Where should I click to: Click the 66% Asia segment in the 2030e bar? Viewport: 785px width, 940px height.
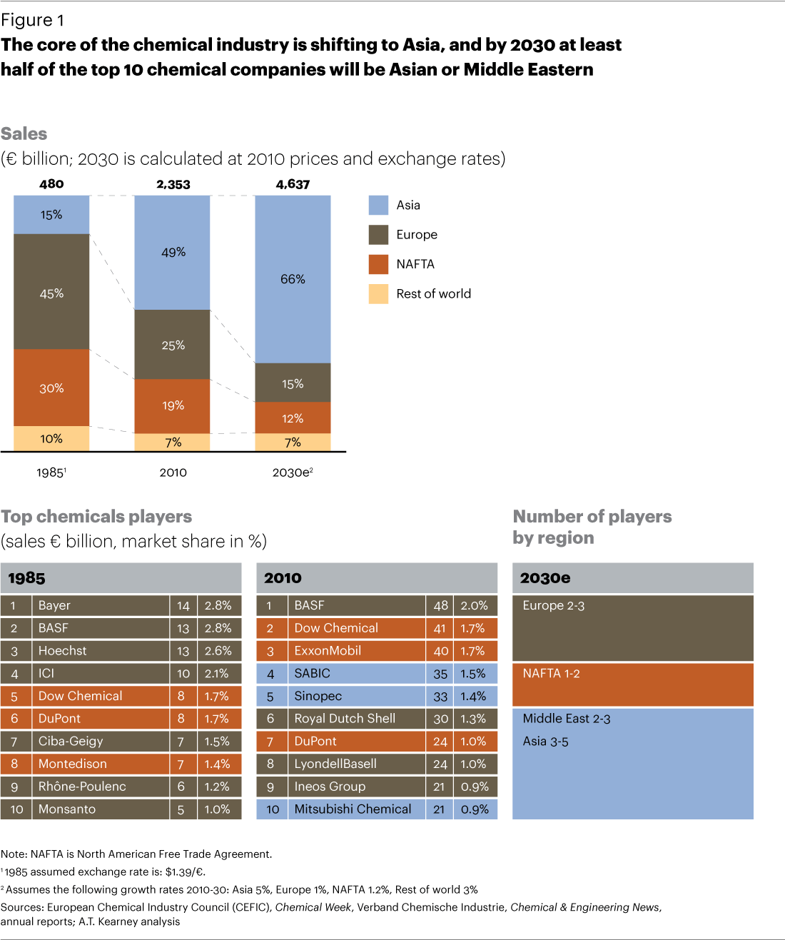pyautogui.click(x=293, y=279)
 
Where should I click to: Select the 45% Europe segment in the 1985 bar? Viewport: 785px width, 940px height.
pyautogui.click(x=51, y=293)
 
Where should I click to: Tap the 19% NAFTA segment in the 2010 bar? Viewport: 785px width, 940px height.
pyautogui.click(x=173, y=405)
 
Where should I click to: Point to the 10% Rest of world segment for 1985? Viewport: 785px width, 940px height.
pyautogui.click(x=51, y=438)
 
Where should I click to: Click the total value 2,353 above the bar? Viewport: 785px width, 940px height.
pyautogui.click(x=173, y=184)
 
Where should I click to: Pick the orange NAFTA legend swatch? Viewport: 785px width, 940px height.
pyautogui.click(x=378, y=264)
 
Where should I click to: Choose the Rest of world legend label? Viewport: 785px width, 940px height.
pyautogui.click(x=433, y=293)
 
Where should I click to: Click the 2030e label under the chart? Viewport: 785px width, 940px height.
pyautogui.click(x=292, y=472)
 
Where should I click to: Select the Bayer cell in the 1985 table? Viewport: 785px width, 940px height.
pyautogui.click(x=54, y=605)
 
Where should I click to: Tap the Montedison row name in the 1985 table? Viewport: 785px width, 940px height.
pyautogui.click(x=73, y=764)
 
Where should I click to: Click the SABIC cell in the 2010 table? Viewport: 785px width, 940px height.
pyautogui.click(x=313, y=673)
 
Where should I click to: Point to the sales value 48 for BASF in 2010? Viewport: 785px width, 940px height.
pyautogui.click(x=440, y=605)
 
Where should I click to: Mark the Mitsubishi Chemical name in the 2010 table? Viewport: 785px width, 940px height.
pyautogui.click(x=353, y=809)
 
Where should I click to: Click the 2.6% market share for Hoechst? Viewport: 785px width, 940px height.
pyautogui.click(x=218, y=651)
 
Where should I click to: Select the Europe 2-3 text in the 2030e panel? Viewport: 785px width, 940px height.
pyautogui.click(x=553, y=605)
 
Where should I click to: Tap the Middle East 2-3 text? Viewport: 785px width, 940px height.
pyautogui.click(x=566, y=719)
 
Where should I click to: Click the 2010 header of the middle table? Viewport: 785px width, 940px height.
pyautogui.click(x=283, y=578)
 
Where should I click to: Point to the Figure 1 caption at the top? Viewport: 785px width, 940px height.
pyautogui.click(x=32, y=20)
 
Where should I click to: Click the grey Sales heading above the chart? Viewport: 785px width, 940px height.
pyautogui.click(x=24, y=133)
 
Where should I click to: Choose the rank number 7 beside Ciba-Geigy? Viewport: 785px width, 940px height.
pyautogui.click(x=14, y=742)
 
